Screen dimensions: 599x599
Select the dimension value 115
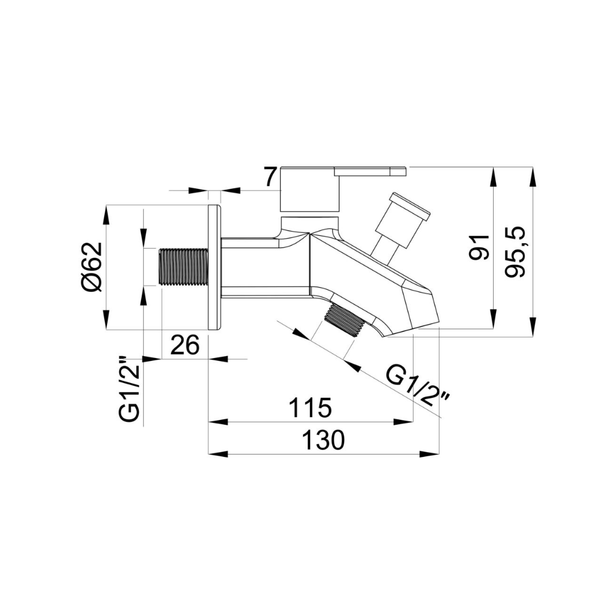point(309,407)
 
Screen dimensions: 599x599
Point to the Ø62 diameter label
point(91,266)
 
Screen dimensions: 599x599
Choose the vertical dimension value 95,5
point(517,252)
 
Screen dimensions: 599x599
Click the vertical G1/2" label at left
point(129,390)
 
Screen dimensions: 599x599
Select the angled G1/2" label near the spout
point(418,385)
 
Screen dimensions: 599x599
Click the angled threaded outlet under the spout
point(345,321)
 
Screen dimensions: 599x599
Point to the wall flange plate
point(215,268)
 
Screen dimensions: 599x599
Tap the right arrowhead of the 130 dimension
point(431,453)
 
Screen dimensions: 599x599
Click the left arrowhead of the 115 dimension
point(218,421)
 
